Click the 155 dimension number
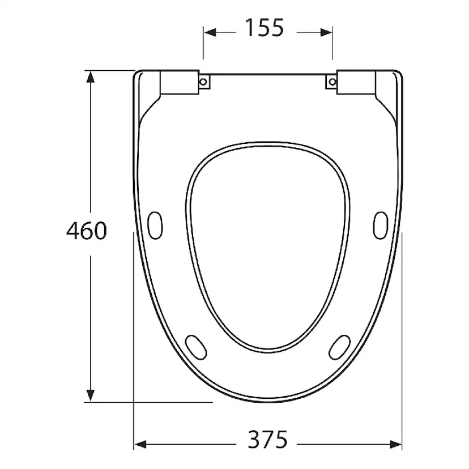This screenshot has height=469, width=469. click(x=264, y=28)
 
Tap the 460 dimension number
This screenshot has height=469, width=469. click(x=87, y=231)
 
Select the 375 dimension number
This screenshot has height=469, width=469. click(x=268, y=440)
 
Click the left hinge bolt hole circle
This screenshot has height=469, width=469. click(x=203, y=82)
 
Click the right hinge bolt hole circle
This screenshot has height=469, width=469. click(x=332, y=82)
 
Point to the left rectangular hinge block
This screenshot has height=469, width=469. click(x=180, y=82)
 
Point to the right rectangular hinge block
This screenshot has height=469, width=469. click(x=356, y=82)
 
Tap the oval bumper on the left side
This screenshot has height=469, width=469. click(x=155, y=225)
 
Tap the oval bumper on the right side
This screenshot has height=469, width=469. click(x=381, y=225)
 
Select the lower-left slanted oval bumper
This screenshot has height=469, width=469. click(x=196, y=347)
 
